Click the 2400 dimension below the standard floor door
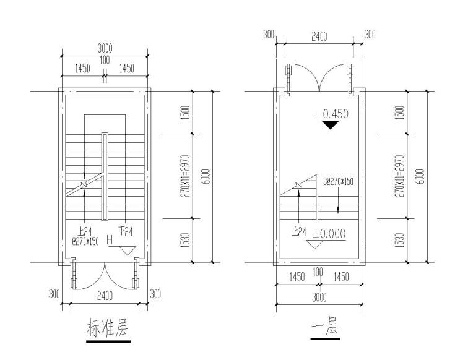pyautogui.click(x=104, y=297)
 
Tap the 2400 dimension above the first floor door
pyautogui.click(x=318, y=37)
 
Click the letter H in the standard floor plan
pyautogui.click(x=110, y=239)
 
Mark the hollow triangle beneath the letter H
pyautogui.click(x=128, y=250)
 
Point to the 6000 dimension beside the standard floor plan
pyautogui.click(x=206, y=176)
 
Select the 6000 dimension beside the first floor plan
pyautogui.click(x=420, y=176)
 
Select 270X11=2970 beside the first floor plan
pyautogui.click(x=399, y=176)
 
